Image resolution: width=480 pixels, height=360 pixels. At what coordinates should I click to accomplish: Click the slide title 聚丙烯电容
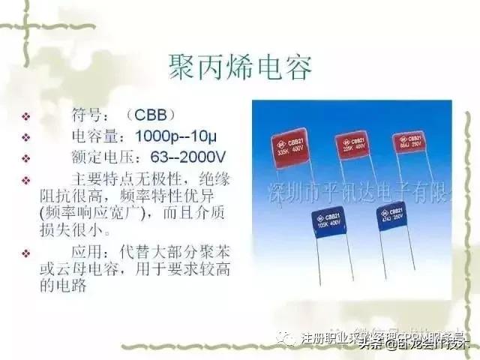pyautogui.click(x=239, y=67)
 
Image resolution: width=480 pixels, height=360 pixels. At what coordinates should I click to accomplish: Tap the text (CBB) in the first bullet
pyautogui.click(x=151, y=115)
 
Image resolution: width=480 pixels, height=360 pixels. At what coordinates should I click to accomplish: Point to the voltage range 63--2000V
pyautogui.click(x=182, y=158)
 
